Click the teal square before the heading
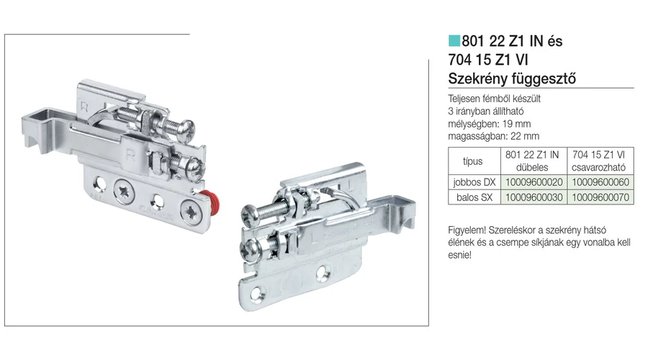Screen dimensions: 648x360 point(454,41)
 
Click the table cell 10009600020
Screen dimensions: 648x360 point(534,182)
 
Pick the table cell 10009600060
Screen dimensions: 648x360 point(600,182)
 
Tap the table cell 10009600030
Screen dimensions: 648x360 point(534,197)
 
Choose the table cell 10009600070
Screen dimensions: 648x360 point(600,197)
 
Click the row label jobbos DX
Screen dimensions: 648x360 point(474,182)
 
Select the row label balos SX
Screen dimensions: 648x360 point(474,197)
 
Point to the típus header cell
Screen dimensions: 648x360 point(474,161)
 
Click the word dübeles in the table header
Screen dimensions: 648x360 point(532,167)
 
